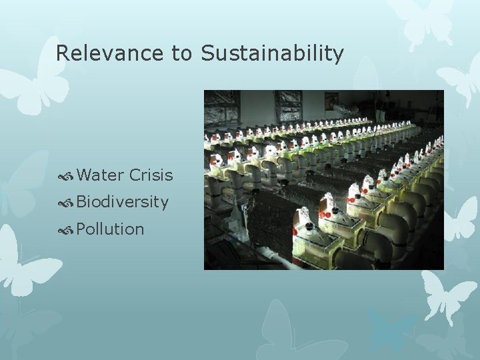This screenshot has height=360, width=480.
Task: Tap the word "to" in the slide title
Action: pos(183,53)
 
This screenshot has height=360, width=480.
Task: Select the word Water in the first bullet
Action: pos(100,175)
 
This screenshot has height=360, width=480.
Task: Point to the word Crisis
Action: pos(151,175)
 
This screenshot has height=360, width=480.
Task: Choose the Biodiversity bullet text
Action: pos(123,202)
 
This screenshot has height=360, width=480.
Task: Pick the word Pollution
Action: pos(110,229)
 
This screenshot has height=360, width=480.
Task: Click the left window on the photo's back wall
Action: pos(222,106)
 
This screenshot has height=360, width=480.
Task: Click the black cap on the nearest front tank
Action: pos(309,227)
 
